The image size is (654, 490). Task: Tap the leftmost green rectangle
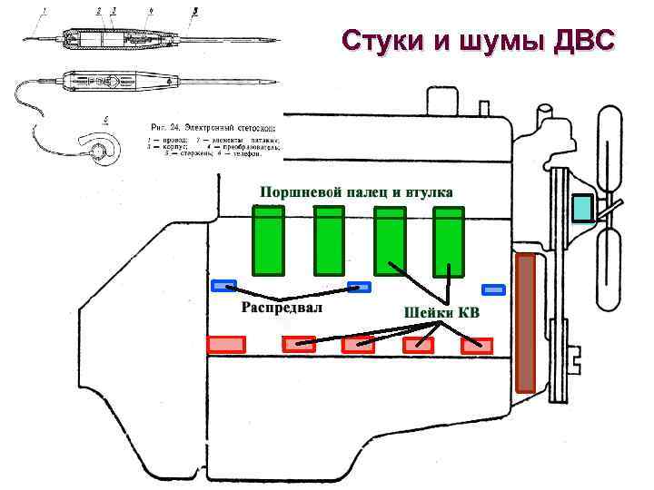tap(269, 240)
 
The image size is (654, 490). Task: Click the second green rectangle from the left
tap(329, 240)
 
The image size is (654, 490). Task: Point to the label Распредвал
tap(282, 307)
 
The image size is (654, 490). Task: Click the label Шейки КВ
tap(441, 313)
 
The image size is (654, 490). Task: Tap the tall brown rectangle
tap(526, 322)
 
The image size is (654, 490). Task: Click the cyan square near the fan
tap(582, 208)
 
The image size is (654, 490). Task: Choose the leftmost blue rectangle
tap(223, 286)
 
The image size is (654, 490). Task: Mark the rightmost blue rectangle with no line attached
tap(493, 289)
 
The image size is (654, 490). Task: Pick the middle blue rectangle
tap(360, 287)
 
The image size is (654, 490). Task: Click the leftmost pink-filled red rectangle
tap(226, 344)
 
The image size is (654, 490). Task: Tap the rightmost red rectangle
tap(477, 345)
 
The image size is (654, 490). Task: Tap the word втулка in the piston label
tap(426, 191)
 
